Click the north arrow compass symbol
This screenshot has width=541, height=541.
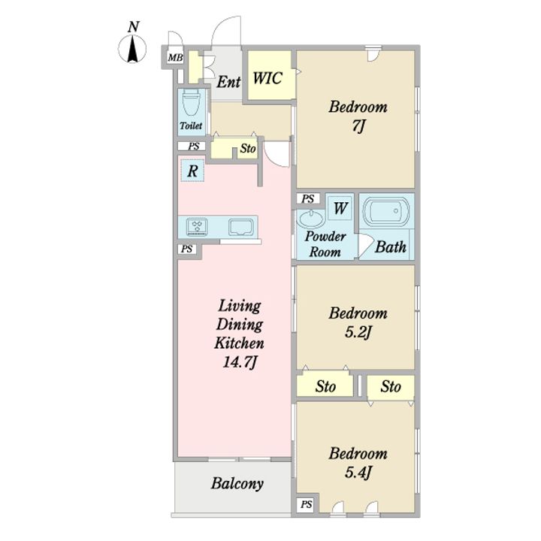[x=132, y=47]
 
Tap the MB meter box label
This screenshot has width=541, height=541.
[x=175, y=57]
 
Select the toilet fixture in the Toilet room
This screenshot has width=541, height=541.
[x=191, y=102]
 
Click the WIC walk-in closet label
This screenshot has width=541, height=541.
[x=267, y=78]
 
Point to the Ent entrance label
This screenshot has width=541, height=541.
[x=228, y=82]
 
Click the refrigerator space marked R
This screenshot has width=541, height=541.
[x=192, y=171]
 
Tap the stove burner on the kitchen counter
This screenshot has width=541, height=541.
[x=197, y=226]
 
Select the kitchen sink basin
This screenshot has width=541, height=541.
[x=240, y=227]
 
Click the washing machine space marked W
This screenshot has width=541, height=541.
[x=340, y=208]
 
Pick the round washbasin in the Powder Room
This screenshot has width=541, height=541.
[x=311, y=219]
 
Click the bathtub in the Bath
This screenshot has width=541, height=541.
[x=386, y=211]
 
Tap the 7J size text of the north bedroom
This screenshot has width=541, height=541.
[x=358, y=126]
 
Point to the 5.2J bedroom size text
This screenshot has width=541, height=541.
[x=358, y=332]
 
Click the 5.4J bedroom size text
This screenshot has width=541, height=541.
[x=358, y=472]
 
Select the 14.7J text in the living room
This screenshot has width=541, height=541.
[x=240, y=362]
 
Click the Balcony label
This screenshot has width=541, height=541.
[x=237, y=484]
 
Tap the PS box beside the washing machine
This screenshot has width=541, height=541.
[x=308, y=198]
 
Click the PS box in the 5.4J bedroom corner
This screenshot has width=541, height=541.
[x=306, y=505]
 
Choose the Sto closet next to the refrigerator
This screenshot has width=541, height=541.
[x=234, y=148]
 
